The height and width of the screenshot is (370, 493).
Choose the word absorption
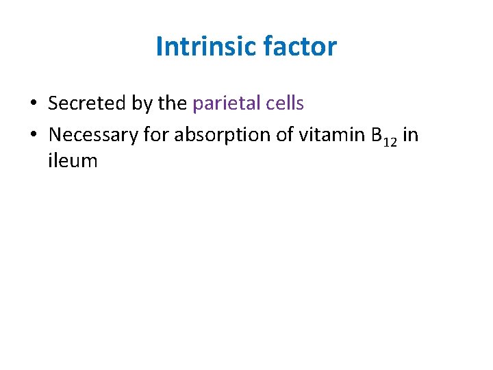[x=220, y=136]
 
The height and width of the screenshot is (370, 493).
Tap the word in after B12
[x=411, y=135]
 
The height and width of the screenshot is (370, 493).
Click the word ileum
[x=73, y=161]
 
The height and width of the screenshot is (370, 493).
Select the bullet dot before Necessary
[x=32, y=136]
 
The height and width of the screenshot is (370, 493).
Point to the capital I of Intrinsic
[x=160, y=47]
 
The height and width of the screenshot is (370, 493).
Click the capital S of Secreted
[x=53, y=103]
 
